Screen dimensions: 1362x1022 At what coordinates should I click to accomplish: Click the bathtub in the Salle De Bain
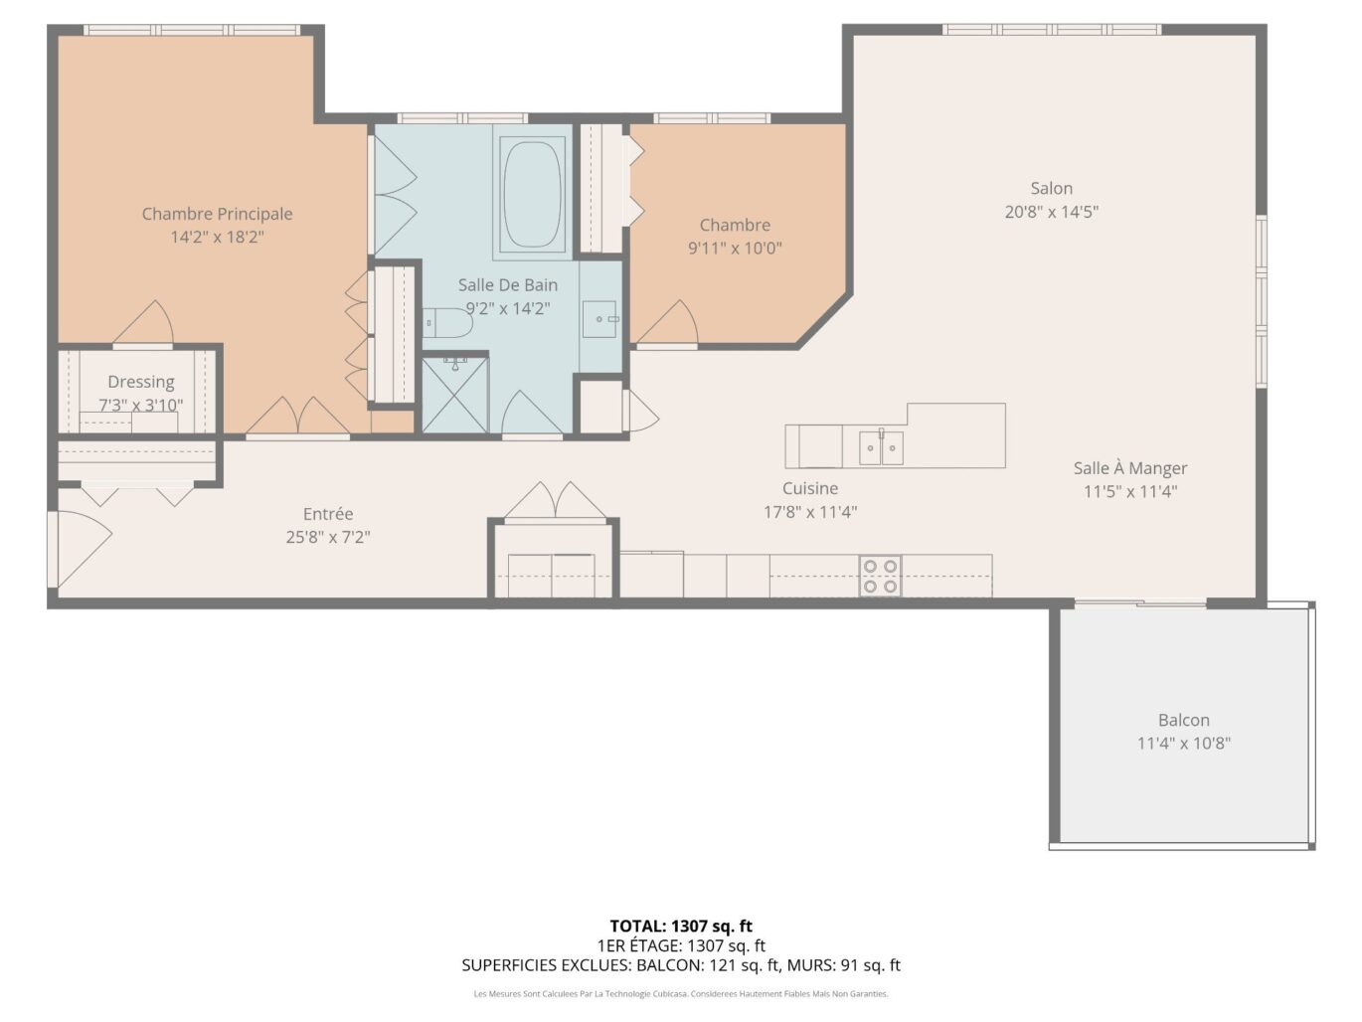tap(533, 192)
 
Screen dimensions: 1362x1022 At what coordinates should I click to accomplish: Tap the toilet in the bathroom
tap(448, 323)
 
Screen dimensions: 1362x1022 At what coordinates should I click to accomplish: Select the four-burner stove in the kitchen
tap(880, 576)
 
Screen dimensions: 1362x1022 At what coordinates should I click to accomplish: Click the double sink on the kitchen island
tap(881, 447)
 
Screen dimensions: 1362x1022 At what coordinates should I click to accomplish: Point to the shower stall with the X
tap(455, 394)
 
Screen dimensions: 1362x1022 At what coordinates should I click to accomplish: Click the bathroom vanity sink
tap(600, 319)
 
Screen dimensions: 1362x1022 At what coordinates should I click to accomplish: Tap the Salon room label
tap(1051, 188)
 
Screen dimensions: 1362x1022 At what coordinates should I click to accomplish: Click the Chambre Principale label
tap(217, 214)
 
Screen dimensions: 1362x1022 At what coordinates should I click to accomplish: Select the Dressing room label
tap(141, 382)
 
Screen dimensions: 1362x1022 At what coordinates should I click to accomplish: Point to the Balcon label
tap(1183, 720)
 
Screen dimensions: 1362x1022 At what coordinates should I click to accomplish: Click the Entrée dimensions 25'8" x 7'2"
tap(328, 537)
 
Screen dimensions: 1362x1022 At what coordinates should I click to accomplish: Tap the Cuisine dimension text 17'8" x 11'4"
tap(810, 512)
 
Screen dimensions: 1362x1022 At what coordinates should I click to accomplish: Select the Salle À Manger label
tap(1130, 468)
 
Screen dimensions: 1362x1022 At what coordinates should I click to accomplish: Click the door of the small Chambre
tap(668, 324)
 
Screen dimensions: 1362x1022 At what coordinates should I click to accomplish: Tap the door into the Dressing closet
tap(143, 323)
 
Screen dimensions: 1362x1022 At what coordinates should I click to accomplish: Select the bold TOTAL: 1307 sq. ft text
tap(681, 927)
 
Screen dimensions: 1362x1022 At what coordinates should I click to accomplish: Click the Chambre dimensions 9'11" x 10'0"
tap(735, 249)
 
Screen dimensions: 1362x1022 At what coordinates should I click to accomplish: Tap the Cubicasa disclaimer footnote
tap(681, 994)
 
